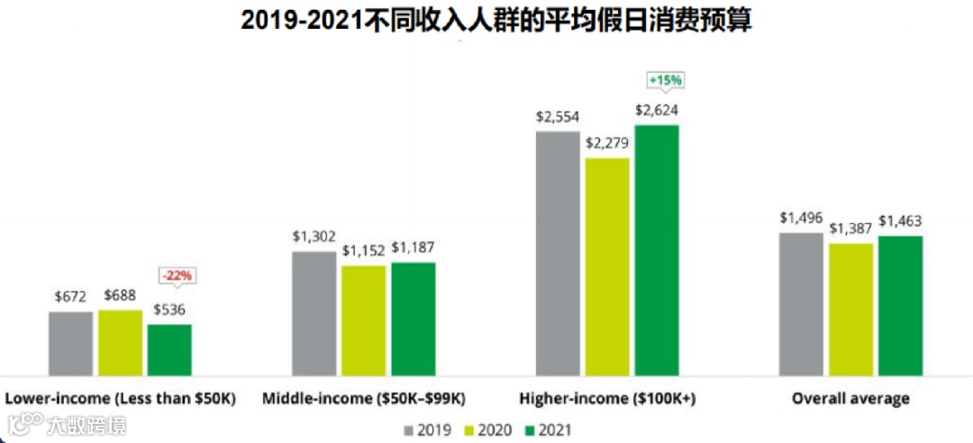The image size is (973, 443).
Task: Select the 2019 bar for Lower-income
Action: pyautogui.click(x=71, y=342)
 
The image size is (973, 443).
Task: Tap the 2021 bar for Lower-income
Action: pyautogui.click(x=169, y=348)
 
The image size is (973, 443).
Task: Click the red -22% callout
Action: pyautogui.click(x=176, y=276)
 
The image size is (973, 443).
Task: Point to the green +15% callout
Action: pyautogui.click(x=666, y=80)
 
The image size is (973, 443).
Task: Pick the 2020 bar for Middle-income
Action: pyautogui.click(x=363, y=320)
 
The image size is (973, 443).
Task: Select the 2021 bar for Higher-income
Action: pyautogui.click(x=656, y=249)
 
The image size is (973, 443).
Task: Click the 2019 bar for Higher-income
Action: pyautogui.click(x=558, y=252)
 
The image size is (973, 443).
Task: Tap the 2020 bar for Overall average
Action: pyautogui.click(x=850, y=309)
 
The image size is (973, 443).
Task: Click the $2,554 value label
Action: pyautogui.click(x=558, y=117)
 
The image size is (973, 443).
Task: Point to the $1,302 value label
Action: pyautogui.click(x=314, y=237)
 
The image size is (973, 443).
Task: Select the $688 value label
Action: pyautogui.click(x=120, y=295)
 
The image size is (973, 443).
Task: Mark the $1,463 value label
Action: pyautogui.click(x=900, y=221)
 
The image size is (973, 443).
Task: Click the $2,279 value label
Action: pyautogui.click(x=607, y=143)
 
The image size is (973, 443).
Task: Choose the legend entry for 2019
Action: pyautogui.click(x=429, y=429)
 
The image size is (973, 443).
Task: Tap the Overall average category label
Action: pyautogui.click(x=850, y=398)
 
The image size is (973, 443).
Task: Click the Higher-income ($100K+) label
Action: pyautogui.click(x=607, y=398)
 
